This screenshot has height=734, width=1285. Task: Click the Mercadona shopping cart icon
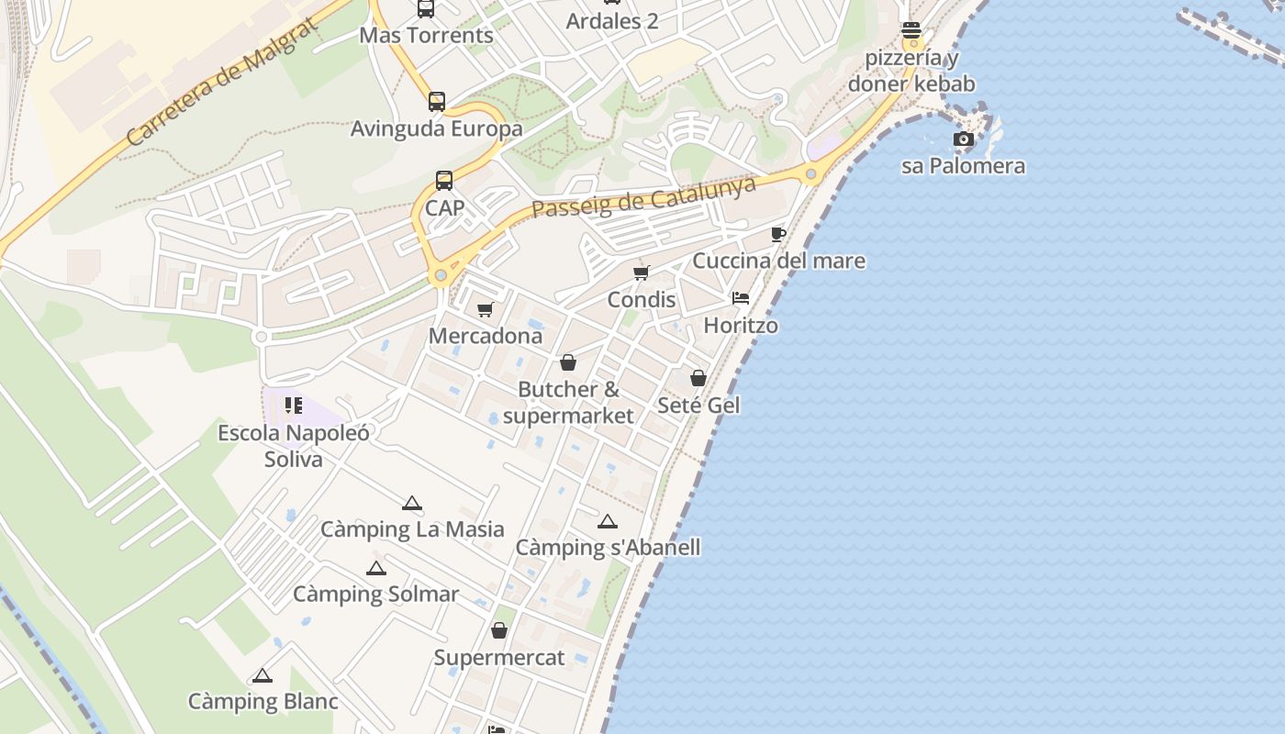click(x=486, y=310)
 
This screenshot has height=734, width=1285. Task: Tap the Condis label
click(x=642, y=300)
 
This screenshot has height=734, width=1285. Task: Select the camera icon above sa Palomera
click(x=963, y=139)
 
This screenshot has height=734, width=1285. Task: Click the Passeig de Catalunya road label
click(x=644, y=197)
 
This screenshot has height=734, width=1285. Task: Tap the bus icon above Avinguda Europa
click(x=437, y=102)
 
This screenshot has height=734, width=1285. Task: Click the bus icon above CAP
click(x=444, y=181)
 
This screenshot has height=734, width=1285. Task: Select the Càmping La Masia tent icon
click(x=412, y=503)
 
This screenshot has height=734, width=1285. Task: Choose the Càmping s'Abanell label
click(x=608, y=548)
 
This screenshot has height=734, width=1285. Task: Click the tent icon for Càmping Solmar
click(x=375, y=568)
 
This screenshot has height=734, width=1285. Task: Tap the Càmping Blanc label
click(x=263, y=702)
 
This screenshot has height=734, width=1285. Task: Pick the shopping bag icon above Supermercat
click(x=499, y=630)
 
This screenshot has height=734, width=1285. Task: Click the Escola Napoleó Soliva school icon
click(x=294, y=406)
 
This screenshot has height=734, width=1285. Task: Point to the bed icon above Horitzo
click(x=741, y=298)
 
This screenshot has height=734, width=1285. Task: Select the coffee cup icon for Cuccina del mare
click(x=778, y=234)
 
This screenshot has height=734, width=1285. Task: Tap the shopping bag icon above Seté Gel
click(x=698, y=378)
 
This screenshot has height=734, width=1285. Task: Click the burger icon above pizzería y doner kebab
click(x=911, y=30)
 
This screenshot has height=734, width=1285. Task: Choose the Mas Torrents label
click(x=426, y=36)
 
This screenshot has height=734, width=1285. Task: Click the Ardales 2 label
click(x=612, y=21)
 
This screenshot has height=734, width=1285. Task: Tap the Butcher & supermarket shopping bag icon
click(x=568, y=362)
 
